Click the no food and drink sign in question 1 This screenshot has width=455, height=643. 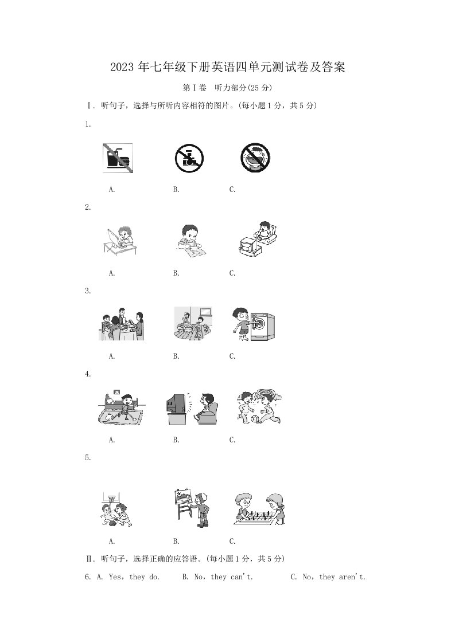[x=118, y=158]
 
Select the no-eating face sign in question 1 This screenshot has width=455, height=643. [x=255, y=158]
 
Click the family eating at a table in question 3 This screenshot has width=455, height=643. [x=122, y=324]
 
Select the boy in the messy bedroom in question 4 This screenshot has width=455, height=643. [x=121, y=407]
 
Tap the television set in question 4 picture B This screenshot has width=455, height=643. [x=177, y=409]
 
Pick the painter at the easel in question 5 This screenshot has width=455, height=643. [x=192, y=508]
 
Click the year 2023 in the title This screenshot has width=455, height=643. [x=122, y=67]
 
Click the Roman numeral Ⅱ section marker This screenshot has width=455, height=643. [x=89, y=559]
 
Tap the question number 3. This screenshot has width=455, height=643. [x=87, y=291]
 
